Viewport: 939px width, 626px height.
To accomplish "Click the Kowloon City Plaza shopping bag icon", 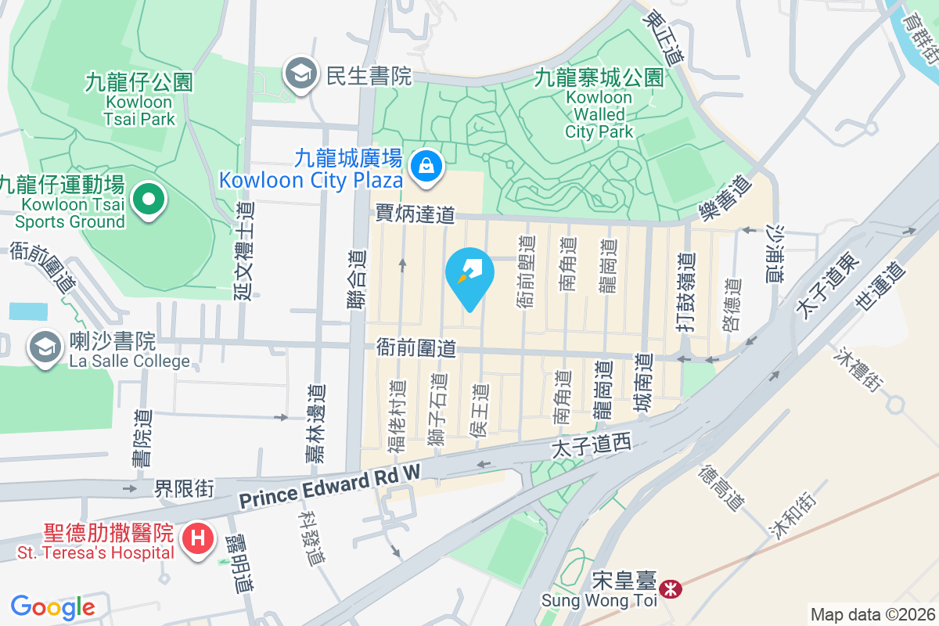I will pos(427,166).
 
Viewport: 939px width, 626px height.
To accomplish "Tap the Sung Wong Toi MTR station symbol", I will pos(670,588).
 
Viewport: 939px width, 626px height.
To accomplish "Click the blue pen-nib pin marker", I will pos(469,275).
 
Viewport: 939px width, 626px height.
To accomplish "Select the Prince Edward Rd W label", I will pos(330,487).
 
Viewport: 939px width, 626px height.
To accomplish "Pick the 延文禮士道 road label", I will pos(244,251).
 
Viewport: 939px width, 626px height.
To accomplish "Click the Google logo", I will pos(52,606).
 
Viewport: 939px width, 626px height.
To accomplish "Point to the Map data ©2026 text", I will pos(872,614).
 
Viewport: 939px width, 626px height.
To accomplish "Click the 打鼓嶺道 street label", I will pos(686,293).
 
